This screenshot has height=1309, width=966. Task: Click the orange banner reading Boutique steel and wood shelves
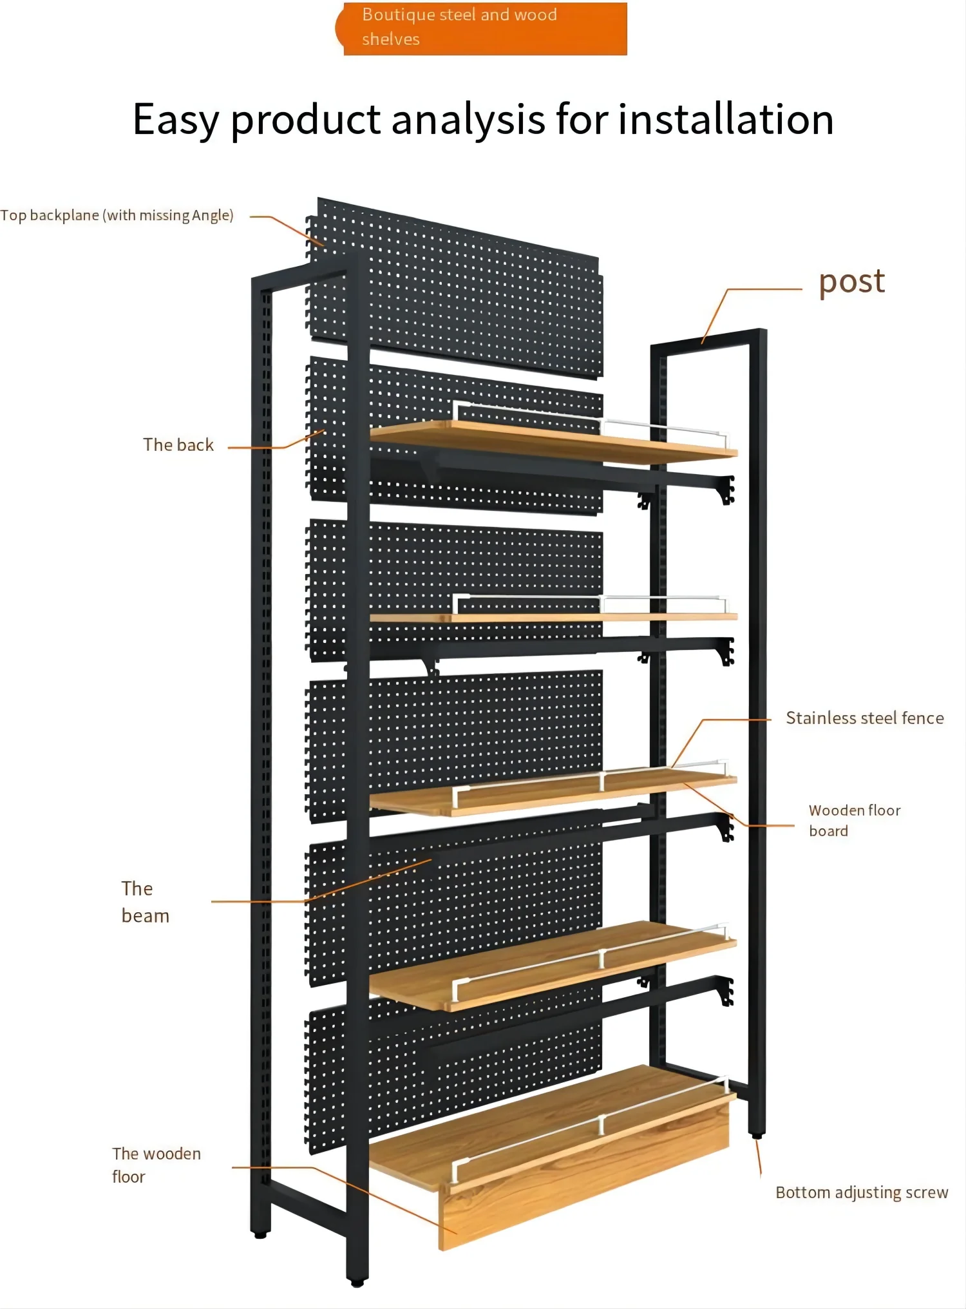483,28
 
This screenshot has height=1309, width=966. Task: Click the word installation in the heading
726,120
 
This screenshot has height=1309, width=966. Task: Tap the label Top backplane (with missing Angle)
117,215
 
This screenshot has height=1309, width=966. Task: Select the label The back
178,445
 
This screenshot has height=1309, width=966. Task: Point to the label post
851,282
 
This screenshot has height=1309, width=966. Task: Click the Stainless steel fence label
864,718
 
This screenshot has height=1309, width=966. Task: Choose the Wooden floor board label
854,820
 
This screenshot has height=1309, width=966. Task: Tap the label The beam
145,902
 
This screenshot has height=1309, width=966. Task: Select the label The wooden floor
156,1165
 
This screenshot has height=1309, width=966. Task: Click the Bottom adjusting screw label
862,1192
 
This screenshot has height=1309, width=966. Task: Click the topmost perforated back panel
477,290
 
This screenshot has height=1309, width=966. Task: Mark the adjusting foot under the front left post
260,1234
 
